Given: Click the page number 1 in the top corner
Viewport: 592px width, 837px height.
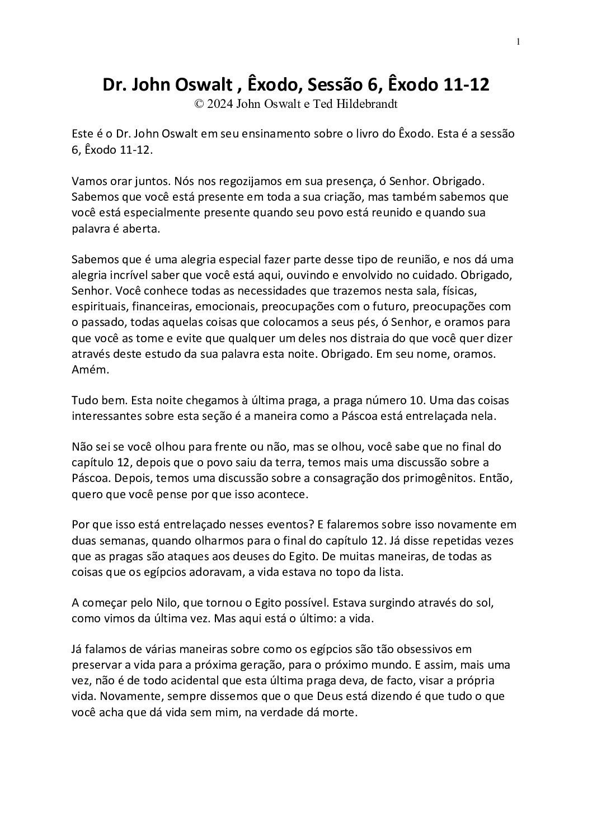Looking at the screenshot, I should pyautogui.click(x=519, y=41).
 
